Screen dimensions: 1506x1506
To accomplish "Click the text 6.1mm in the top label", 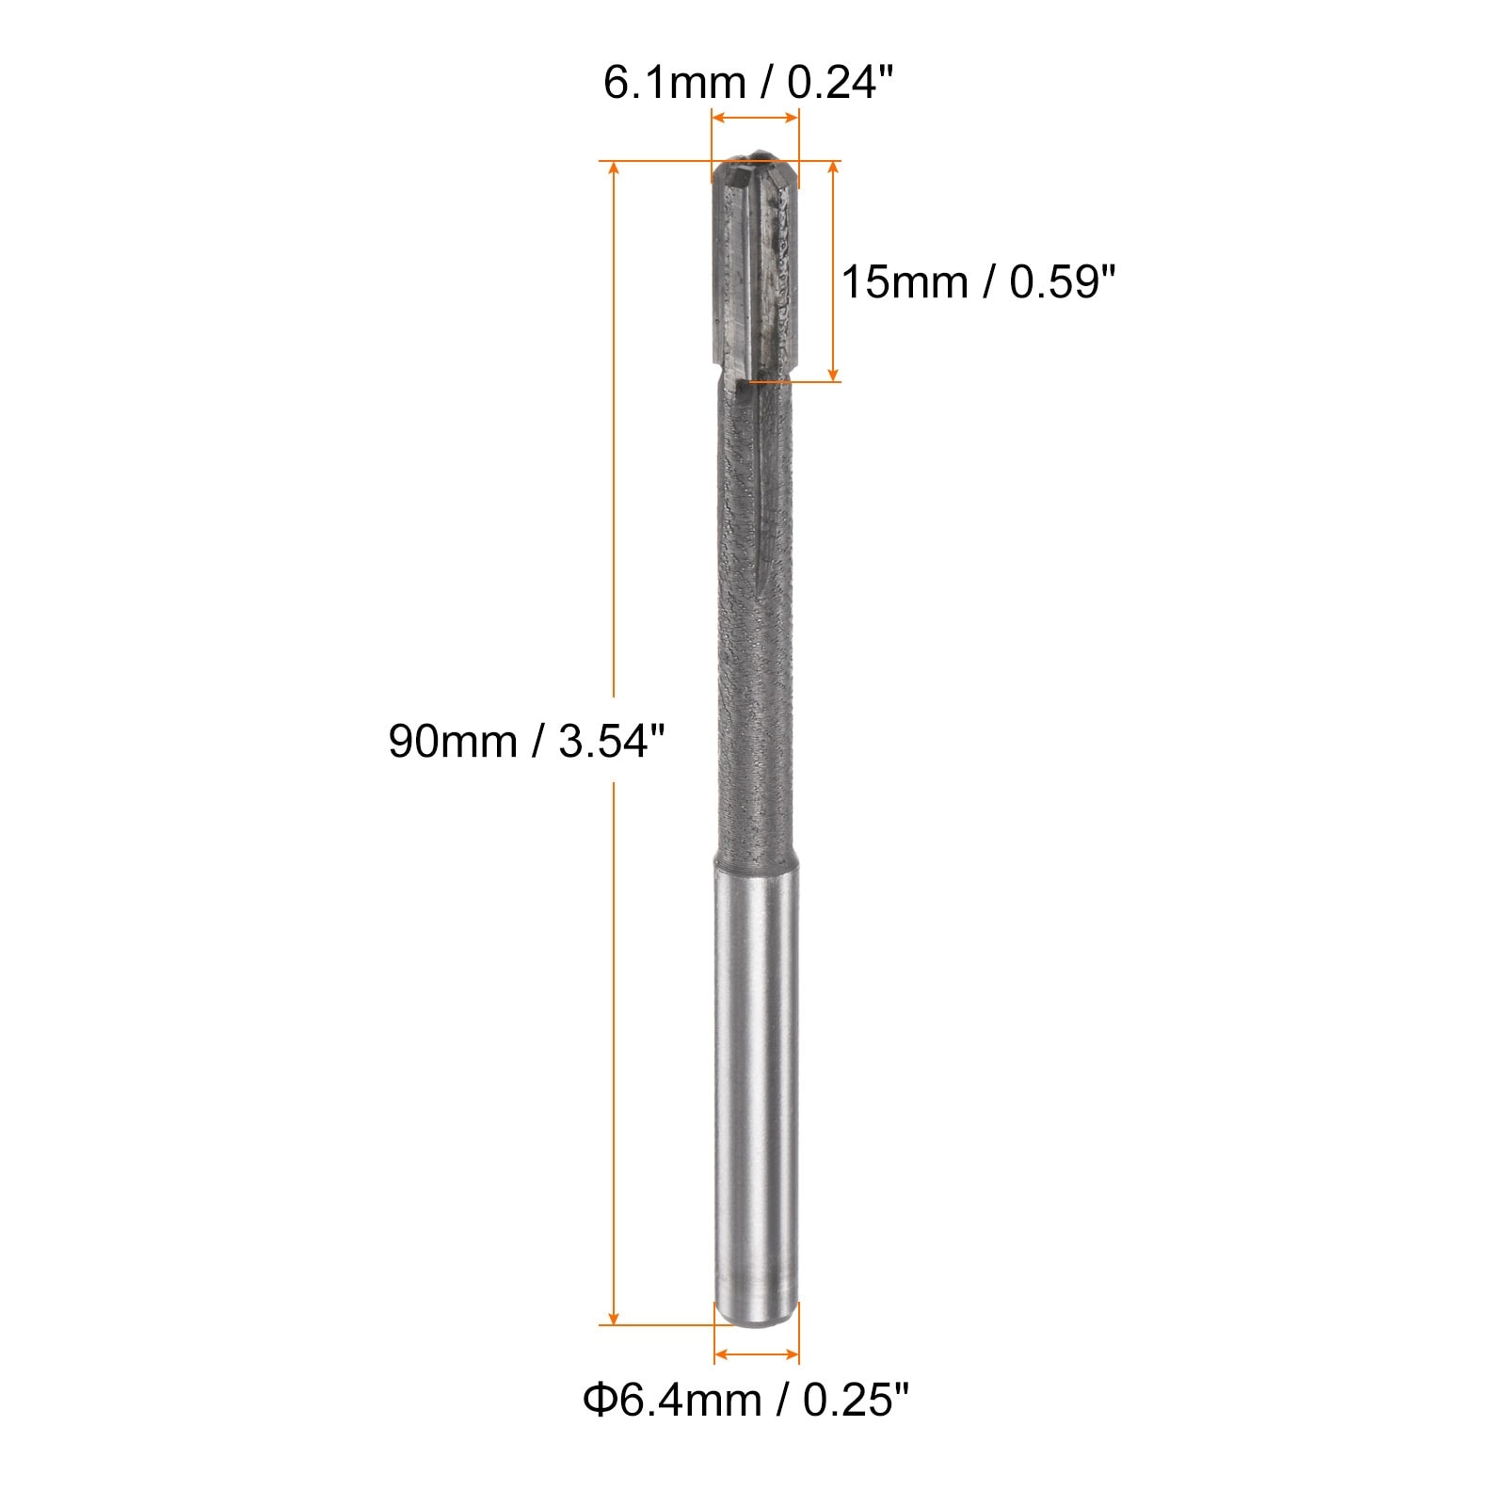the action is (x=674, y=84).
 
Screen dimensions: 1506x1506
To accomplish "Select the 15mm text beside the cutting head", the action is (x=904, y=281).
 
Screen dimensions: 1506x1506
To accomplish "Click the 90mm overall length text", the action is (x=453, y=741).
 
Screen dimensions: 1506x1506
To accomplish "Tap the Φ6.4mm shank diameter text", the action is (x=672, y=1400).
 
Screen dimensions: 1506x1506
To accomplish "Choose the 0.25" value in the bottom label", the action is (x=856, y=1400).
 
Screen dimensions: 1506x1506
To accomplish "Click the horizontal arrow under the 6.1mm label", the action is (x=755, y=118).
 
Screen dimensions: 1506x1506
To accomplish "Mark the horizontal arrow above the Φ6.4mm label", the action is (x=757, y=1355).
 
